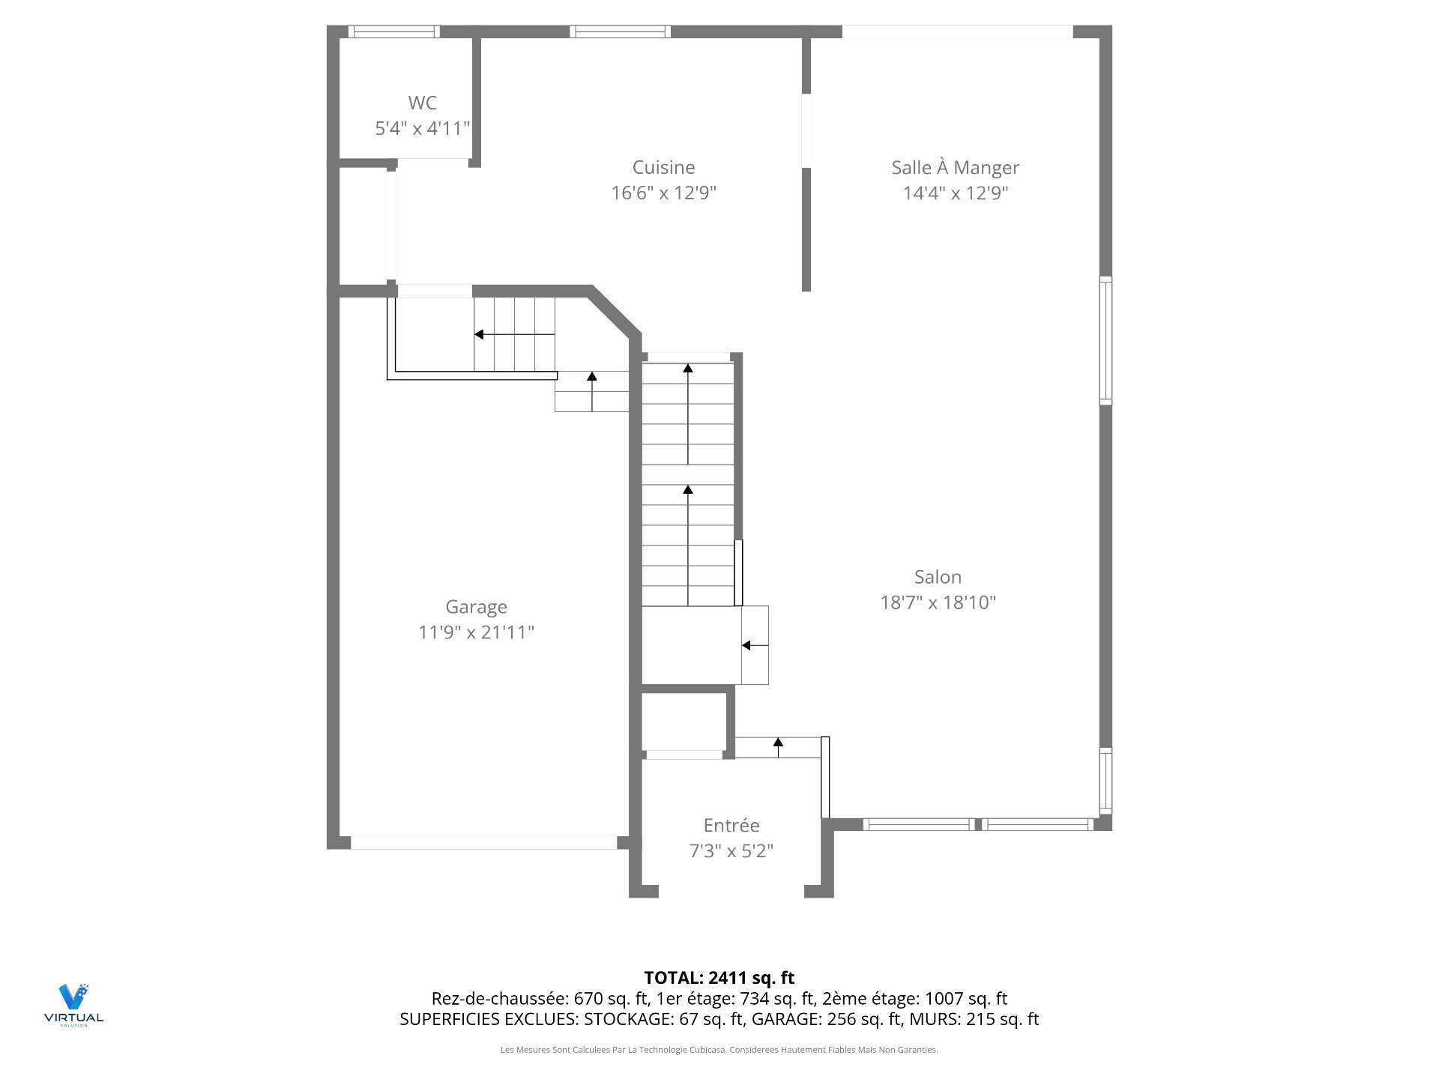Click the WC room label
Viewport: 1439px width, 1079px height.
pos(422,103)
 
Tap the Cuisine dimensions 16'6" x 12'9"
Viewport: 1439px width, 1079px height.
pos(663,193)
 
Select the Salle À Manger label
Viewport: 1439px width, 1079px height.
pos(955,167)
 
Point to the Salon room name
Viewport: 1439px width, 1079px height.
pos(938,577)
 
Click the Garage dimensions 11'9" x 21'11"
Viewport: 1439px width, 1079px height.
pos(476,632)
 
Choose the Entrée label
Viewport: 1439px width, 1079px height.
pos(731,825)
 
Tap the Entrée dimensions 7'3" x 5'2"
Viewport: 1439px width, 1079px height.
pos(731,851)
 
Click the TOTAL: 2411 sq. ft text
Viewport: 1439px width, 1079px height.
pos(719,978)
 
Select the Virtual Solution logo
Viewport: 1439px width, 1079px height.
pos(73,1005)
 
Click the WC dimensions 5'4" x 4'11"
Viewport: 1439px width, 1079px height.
pos(422,128)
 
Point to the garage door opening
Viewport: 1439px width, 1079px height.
pos(484,842)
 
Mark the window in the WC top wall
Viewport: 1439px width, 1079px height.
pos(394,31)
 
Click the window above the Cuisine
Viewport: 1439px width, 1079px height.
pos(620,31)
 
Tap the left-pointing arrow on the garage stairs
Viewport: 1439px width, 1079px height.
pos(514,334)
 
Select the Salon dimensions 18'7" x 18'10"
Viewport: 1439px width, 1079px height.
pos(938,602)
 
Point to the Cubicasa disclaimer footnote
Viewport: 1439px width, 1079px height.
pos(719,1050)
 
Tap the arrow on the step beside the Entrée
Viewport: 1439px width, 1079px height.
pos(778,747)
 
